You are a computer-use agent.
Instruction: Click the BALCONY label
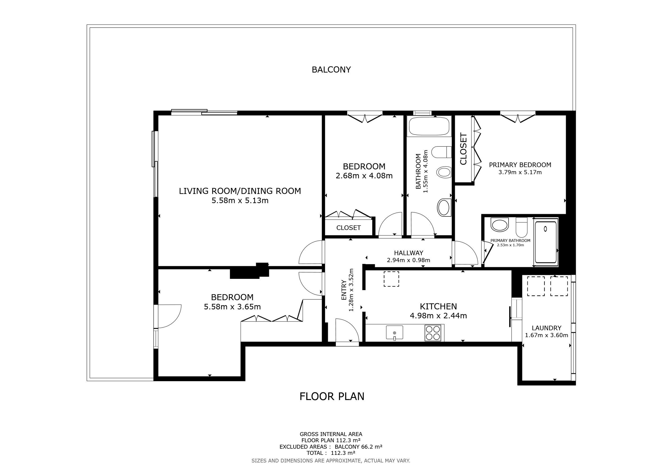(331, 70)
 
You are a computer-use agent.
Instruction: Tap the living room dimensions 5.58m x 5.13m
(240, 200)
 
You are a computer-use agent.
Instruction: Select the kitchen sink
(394, 333)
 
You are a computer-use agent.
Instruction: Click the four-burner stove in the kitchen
(433, 333)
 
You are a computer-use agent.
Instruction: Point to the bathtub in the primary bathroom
(546, 242)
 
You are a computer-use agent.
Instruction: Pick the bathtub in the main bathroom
(429, 126)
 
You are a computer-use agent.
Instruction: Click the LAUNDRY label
(547, 328)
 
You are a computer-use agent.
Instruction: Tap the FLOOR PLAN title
(332, 396)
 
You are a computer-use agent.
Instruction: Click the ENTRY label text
(344, 290)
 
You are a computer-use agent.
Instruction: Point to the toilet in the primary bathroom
(521, 227)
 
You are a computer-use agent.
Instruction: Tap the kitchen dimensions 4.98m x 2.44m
(439, 316)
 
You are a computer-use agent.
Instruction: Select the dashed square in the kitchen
(391, 279)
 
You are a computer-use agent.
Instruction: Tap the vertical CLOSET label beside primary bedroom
(463, 149)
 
